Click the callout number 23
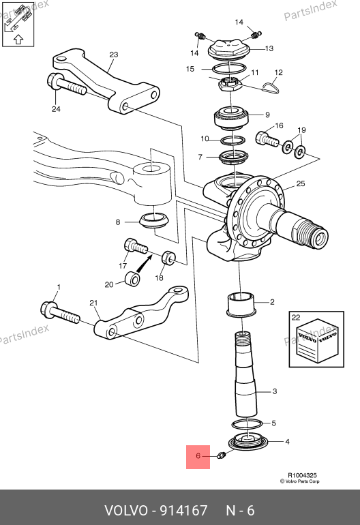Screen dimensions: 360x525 [x=114, y=55]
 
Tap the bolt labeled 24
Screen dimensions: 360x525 [x=67, y=85]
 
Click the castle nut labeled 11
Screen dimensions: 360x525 [x=231, y=85]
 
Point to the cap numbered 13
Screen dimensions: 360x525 [x=228, y=50]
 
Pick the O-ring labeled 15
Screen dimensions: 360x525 [x=228, y=69]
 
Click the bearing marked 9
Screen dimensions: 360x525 [x=230, y=118]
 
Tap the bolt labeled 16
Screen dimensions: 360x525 [x=267, y=139]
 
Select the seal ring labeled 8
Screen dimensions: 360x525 [x=154, y=220]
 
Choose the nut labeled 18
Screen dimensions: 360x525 [x=168, y=257]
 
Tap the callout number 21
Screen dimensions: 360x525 [x=93, y=303]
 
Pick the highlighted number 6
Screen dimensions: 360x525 [x=198, y=456]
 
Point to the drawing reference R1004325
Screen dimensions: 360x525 [x=303, y=475]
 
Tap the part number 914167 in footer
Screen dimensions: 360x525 [x=184, y=511]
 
